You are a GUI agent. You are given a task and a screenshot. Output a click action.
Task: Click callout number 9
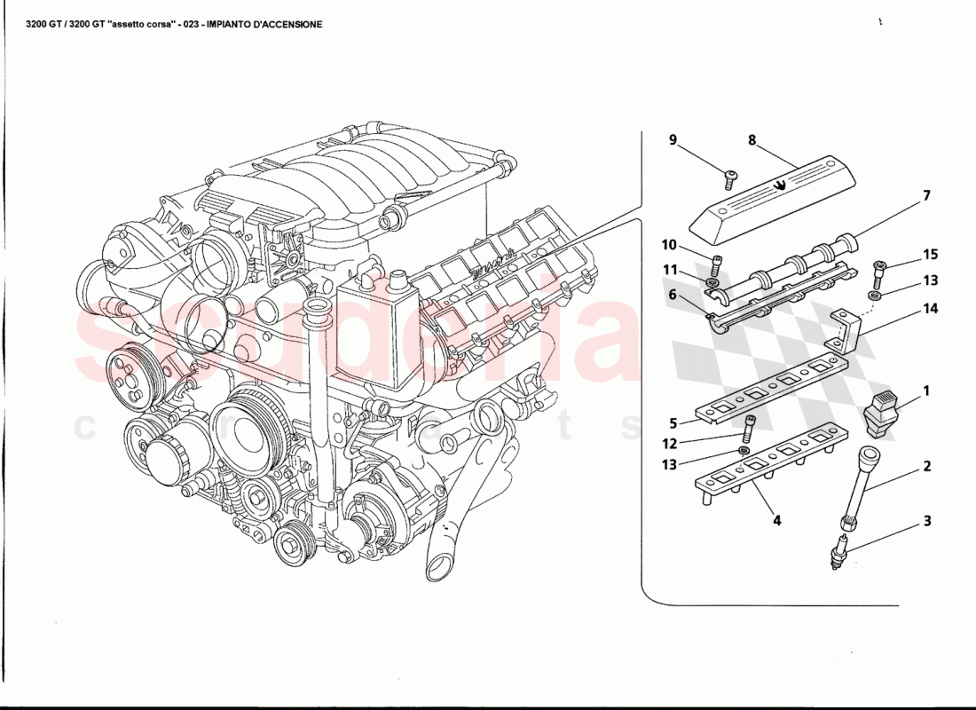pyautogui.click(x=673, y=140)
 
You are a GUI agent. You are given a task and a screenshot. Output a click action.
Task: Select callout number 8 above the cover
pyautogui.click(x=752, y=140)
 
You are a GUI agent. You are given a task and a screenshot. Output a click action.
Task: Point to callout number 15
pyautogui.click(x=929, y=255)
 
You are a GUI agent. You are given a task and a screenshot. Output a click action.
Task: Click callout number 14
pyautogui.click(x=929, y=310)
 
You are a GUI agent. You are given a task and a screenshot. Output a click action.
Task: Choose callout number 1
pyautogui.click(x=926, y=390)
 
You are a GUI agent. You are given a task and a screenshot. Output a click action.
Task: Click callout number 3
pyautogui.click(x=926, y=521)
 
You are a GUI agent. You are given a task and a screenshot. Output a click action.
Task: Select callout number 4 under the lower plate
pyautogui.click(x=776, y=521)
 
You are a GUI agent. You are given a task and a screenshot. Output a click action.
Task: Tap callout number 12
pyautogui.click(x=671, y=443)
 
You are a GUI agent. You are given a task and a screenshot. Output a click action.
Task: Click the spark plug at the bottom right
pyautogui.click(x=838, y=548)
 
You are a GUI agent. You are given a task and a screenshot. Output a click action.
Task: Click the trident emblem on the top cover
pyautogui.click(x=779, y=185)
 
